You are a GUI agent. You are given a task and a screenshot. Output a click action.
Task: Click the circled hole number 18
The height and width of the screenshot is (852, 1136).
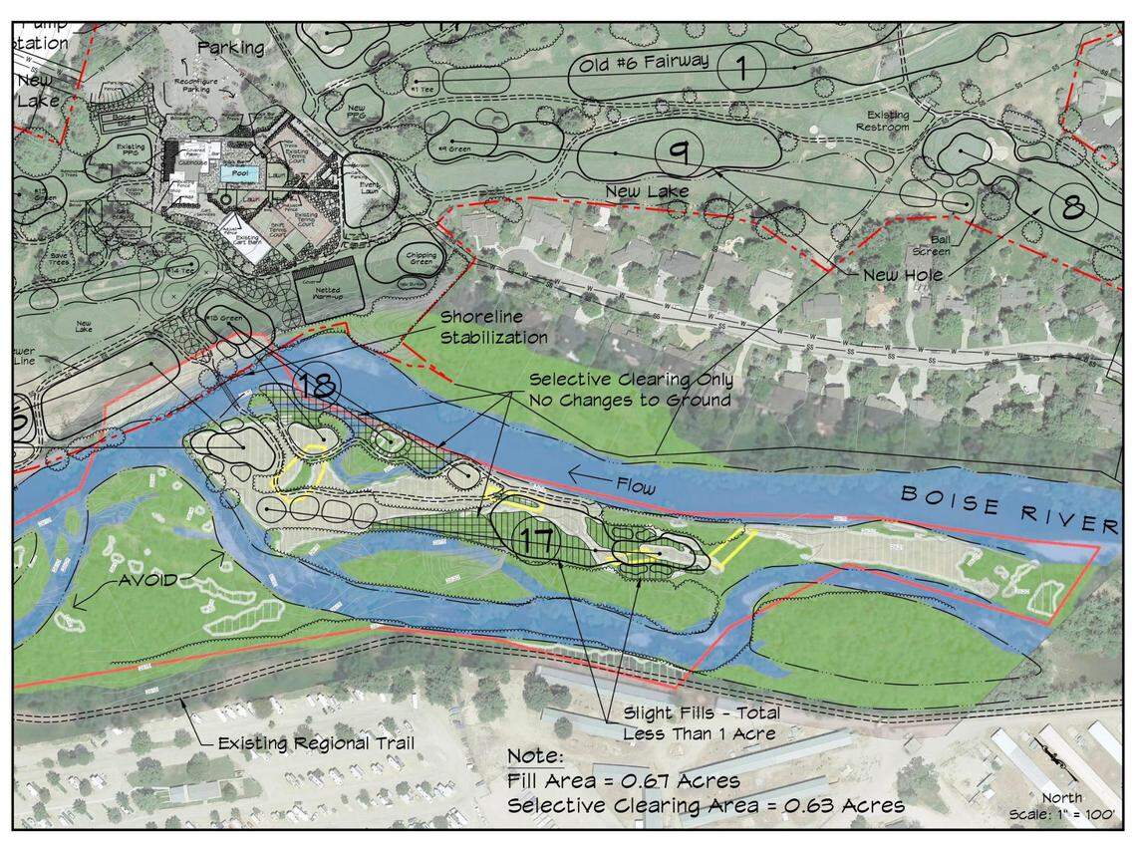click(x=316, y=387)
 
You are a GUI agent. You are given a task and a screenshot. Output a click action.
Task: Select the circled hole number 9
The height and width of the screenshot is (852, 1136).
click(x=680, y=152)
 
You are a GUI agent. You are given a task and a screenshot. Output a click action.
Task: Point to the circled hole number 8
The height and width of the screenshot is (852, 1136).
click(x=1072, y=207)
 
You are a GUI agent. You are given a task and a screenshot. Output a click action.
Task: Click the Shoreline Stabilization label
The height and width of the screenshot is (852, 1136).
click(x=494, y=327)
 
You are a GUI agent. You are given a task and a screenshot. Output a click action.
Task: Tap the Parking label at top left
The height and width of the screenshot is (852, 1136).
click(x=231, y=47)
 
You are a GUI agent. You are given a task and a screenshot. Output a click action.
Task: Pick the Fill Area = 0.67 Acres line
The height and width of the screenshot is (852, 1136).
click(x=623, y=780)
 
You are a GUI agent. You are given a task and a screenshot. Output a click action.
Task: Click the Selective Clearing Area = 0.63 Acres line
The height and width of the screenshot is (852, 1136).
click(x=706, y=804)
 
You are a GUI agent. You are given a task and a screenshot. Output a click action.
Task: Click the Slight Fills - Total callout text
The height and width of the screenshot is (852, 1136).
click(x=702, y=713)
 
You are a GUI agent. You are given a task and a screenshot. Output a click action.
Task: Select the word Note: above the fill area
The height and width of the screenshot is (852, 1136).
click(x=537, y=756)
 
